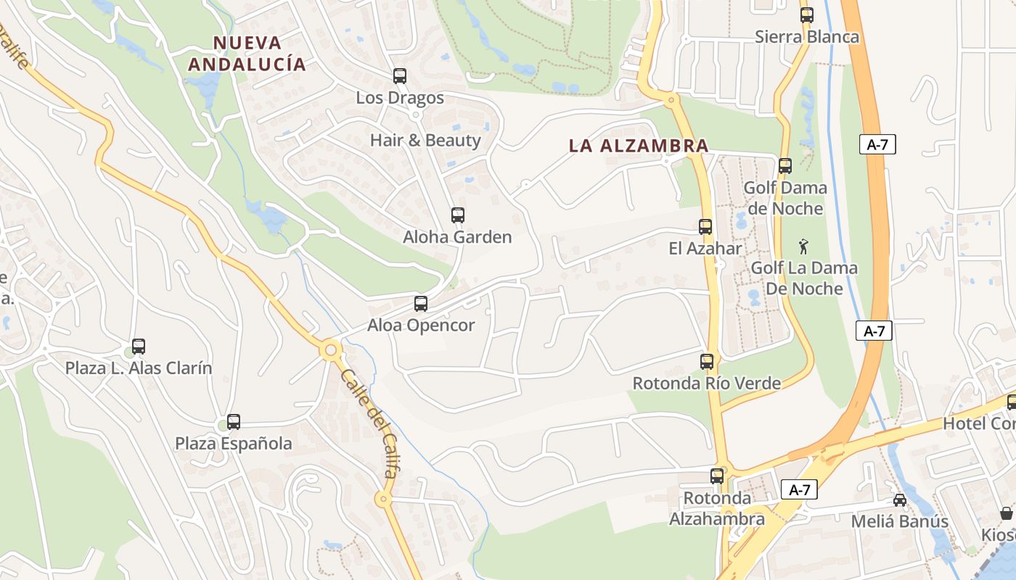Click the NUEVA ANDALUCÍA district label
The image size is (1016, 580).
pyautogui.click(x=247, y=53)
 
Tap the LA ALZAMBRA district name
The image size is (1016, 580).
pyautogui.click(x=639, y=145)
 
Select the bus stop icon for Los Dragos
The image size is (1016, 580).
pyautogui.click(x=400, y=76)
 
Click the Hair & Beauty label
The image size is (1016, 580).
pyautogui.click(x=425, y=140)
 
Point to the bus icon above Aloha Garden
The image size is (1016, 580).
pyautogui.click(x=458, y=215)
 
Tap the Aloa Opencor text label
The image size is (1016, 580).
pyautogui.click(x=421, y=326)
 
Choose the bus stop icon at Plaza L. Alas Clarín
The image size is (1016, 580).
pyautogui.click(x=139, y=347)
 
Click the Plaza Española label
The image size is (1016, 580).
pyautogui.click(x=234, y=444)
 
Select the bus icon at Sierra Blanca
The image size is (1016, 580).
pyautogui.click(x=807, y=15)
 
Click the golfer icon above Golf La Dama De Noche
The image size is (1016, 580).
pyautogui.click(x=803, y=246)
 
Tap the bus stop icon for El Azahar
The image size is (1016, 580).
pyautogui.click(x=705, y=227)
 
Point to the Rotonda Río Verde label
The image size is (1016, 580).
pyautogui.click(x=707, y=383)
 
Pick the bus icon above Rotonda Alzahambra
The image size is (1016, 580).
pyautogui.click(x=717, y=476)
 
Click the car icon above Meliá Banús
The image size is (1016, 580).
pyautogui.click(x=900, y=500)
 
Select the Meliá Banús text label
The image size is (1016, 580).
pyautogui.click(x=900, y=521)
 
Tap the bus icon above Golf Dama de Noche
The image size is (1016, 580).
pyautogui.click(x=785, y=166)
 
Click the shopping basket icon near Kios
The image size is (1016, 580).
pyautogui.click(x=1007, y=513)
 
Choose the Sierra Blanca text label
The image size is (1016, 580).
pyautogui.click(x=807, y=37)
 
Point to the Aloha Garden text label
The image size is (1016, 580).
pyautogui.click(x=458, y=237)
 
